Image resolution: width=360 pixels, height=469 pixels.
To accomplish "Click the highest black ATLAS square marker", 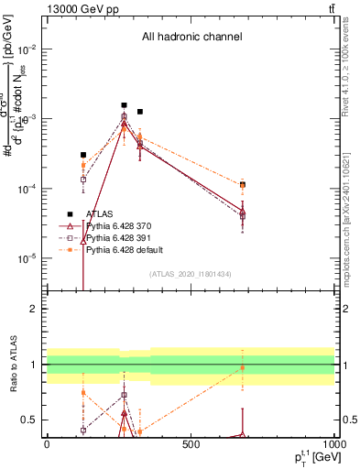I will [x=124, y=105].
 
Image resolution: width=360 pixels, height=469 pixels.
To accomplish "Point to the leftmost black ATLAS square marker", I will [x=83, y=155].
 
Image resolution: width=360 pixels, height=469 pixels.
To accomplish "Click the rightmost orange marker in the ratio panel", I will [x=243, y=368].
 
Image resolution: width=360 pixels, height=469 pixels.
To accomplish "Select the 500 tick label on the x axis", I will [x=191, y=445].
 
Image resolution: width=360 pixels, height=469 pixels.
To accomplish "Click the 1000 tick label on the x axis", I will [x=333, y=445].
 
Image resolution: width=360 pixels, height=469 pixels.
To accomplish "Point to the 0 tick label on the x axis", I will [x=47, y=445].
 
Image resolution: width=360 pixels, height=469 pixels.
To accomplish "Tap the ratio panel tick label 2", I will [x=35, y=309].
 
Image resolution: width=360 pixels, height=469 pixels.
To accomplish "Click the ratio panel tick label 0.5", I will [x=31, y=420].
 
